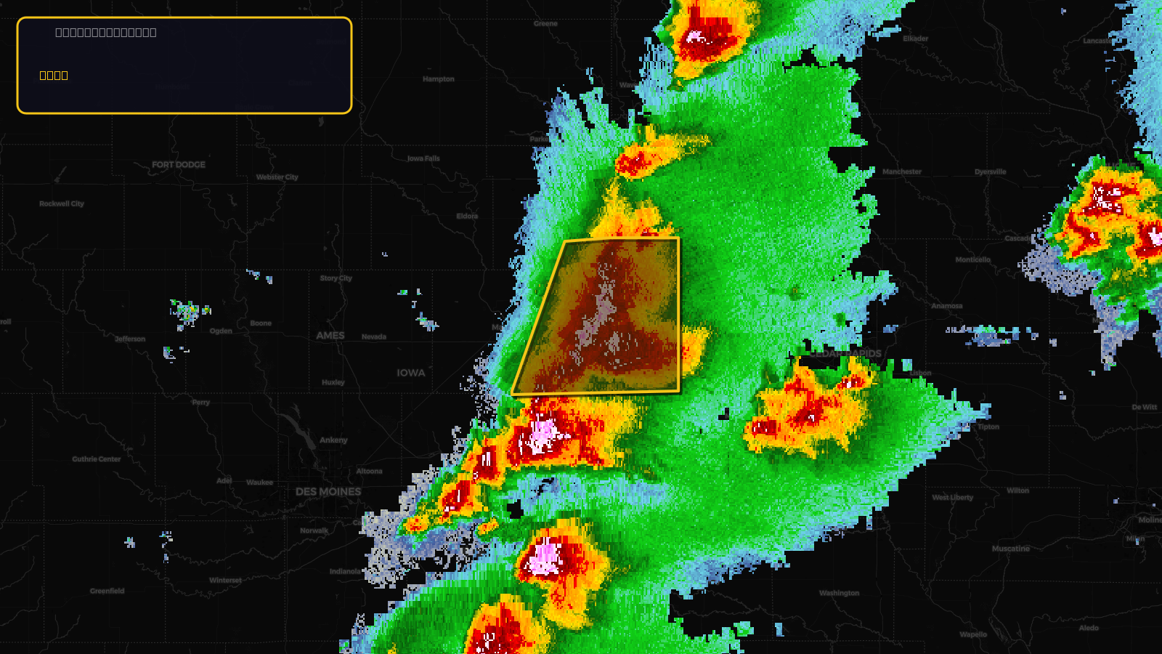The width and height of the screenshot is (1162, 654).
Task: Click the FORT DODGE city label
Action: (179, 165)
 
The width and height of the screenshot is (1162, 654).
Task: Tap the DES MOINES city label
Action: (328, 492)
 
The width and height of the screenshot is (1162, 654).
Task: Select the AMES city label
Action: (330, 336)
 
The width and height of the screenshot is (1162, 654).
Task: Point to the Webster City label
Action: (277, 177)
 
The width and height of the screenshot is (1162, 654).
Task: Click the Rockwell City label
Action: (62, 204)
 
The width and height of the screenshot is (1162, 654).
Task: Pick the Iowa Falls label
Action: (423, 158)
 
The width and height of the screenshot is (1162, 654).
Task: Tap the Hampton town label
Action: (439, 79)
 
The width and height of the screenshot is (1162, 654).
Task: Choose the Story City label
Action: (336, 278)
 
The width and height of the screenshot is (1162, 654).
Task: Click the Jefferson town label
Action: (130, 339)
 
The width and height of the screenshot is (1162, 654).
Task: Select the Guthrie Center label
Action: (97, 459)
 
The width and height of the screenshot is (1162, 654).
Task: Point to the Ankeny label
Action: (333, 440)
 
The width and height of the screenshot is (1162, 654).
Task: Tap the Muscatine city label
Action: (1011, 549)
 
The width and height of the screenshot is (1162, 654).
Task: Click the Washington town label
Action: (839, 594)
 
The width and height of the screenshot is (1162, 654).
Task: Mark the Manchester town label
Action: (902, 172)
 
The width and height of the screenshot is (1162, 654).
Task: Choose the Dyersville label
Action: (991, 172)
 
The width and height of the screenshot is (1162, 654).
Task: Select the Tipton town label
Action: (988, 427)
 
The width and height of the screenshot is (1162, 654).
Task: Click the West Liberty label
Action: (953, 498)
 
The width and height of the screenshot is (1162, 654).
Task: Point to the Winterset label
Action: (225, 581)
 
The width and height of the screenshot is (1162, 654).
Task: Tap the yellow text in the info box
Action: (54, 76)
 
